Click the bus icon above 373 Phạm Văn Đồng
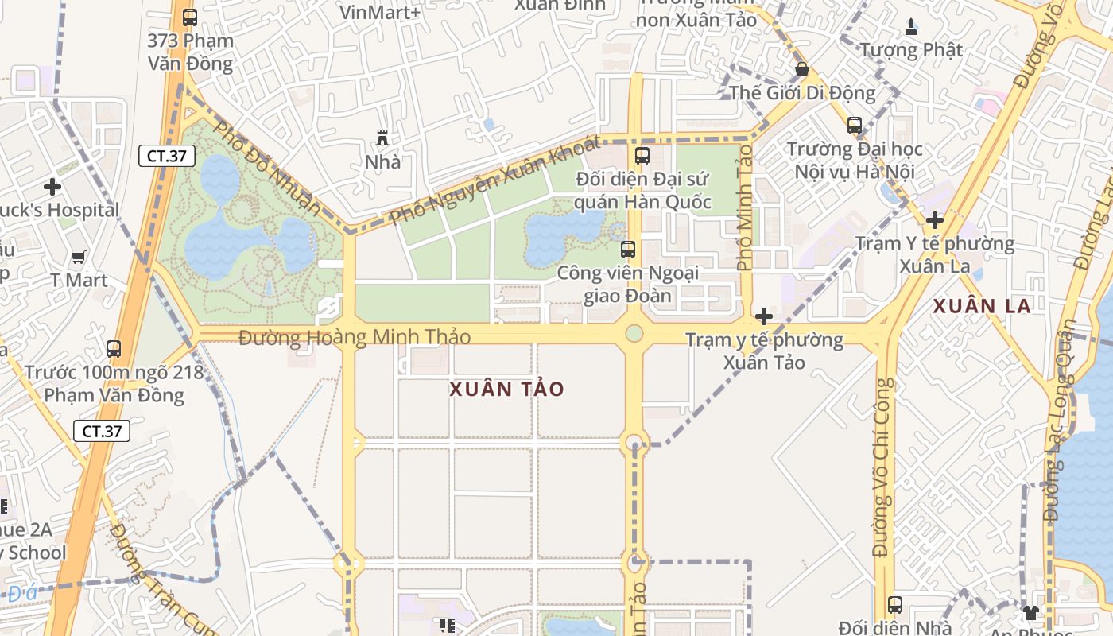click(189, 17)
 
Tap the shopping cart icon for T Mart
click(78, 257)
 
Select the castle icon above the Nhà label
click(382, 138)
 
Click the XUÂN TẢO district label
click(506, 389)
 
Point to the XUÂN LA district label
click(982, 306)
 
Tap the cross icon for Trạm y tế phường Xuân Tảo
click(763, 316)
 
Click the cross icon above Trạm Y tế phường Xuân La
click(935, 220)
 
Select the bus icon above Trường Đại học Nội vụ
click(855, 126)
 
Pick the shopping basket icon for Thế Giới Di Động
click(802, 69)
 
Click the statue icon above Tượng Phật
click(911, 26)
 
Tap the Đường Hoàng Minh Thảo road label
click(355, 337)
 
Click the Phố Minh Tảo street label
click(745, 207)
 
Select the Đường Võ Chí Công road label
click(884, 467)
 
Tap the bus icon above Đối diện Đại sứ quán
click(642, 155)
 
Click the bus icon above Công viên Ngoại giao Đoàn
click(628, 250)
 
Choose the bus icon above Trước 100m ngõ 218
click(114, 348)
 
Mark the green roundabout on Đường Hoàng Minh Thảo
click(634, 333)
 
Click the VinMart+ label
click(379, 12)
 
